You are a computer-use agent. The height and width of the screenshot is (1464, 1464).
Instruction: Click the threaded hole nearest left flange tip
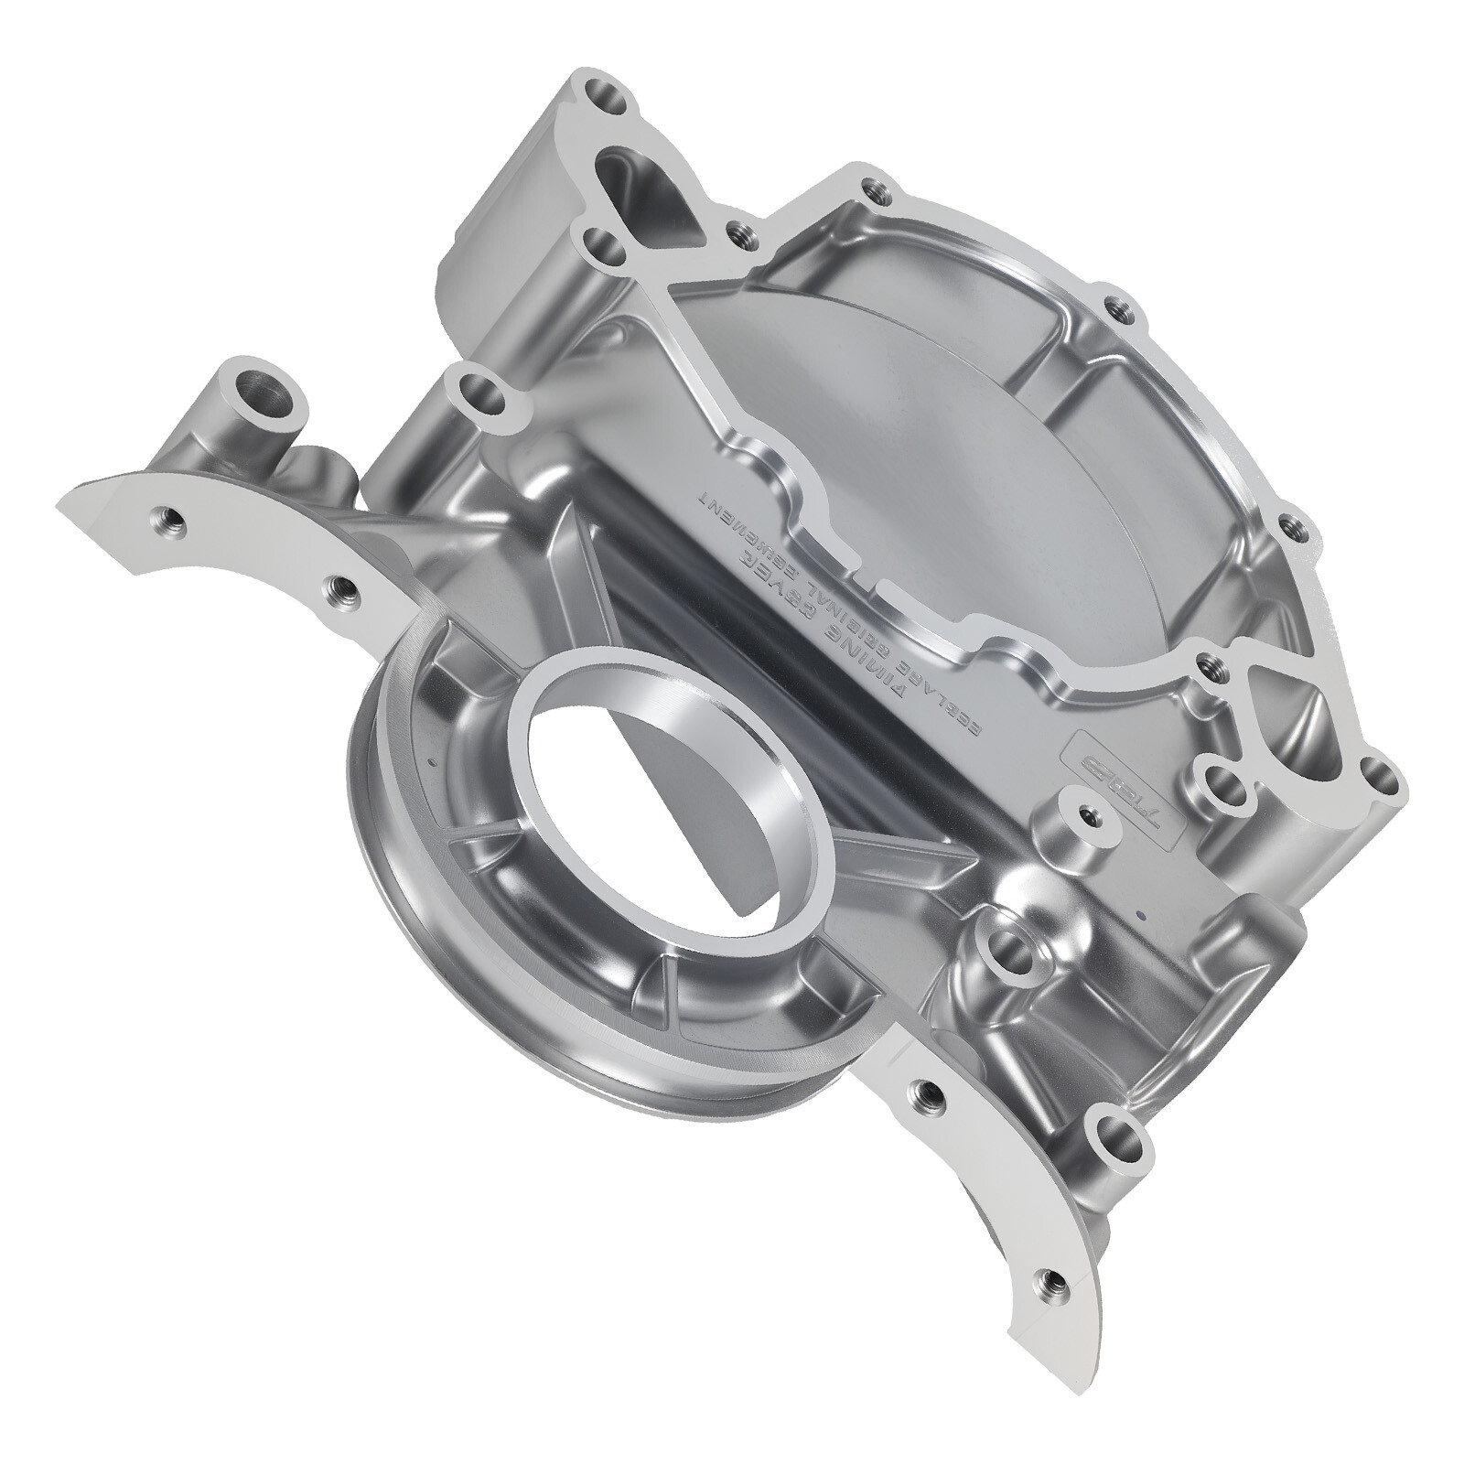(x=170, y=524)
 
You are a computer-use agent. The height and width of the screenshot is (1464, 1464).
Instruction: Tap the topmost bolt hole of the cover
(x=604, y=92)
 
